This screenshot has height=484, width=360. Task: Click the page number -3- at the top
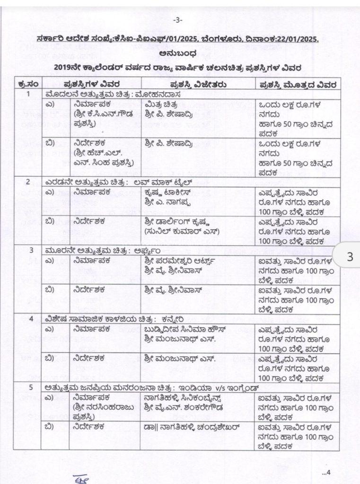178,20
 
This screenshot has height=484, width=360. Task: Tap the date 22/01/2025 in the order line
295,41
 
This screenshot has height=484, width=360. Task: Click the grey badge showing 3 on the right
350,257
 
